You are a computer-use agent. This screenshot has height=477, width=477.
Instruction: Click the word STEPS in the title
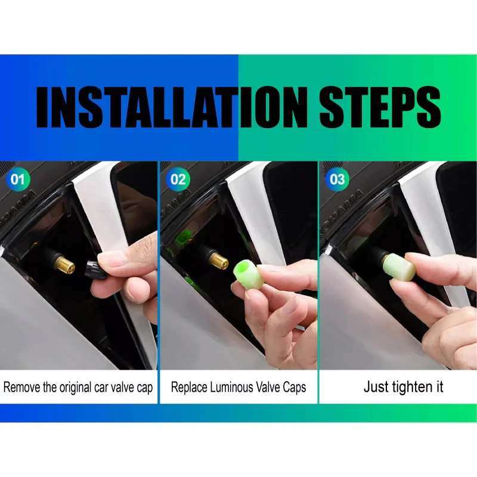click(x=380, y=107)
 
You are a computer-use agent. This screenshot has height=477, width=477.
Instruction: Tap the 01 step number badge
click(x=18, y=179)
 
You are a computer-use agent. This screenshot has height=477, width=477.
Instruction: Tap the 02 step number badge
click(x=178, y=179)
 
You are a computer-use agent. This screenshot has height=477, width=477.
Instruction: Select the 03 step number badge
click(x=337, y=179)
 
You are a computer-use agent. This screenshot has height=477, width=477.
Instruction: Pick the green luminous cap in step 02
click(x=246, y=274)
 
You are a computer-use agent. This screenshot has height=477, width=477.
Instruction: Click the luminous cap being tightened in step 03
click(x=398, y=267)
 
